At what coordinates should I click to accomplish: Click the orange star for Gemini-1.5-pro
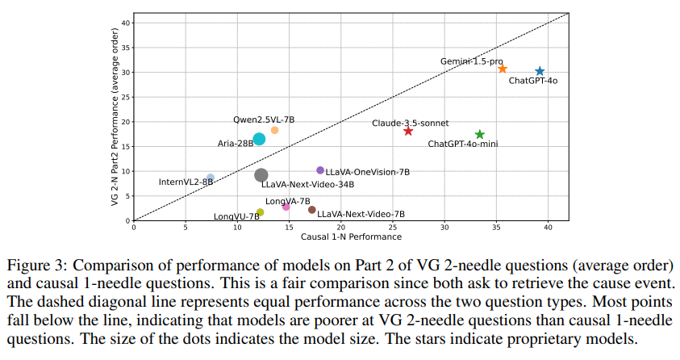[503, 69]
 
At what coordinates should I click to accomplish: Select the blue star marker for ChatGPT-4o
[540, 72]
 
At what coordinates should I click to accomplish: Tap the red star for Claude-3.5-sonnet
[408, 131]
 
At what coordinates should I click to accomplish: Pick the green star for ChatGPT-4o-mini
[480, 135]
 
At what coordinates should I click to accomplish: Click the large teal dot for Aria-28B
[259, 139]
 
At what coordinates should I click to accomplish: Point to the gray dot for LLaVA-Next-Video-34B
[261, 175]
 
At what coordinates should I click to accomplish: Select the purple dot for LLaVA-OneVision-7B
[320, 170]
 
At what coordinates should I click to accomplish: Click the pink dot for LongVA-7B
[286, 207]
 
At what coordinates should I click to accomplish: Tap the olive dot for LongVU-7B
[260, 212]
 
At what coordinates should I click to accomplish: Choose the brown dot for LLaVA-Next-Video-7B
[312, 210]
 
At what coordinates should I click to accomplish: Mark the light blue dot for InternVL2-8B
[211, 178]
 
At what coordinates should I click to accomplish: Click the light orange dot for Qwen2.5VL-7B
[274, 130]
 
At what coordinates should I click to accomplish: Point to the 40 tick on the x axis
[548, 228]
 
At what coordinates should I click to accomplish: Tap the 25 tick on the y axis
[124, 97]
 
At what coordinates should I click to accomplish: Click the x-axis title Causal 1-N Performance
[350, 237]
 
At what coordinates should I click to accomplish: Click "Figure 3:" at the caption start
[33, 266]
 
